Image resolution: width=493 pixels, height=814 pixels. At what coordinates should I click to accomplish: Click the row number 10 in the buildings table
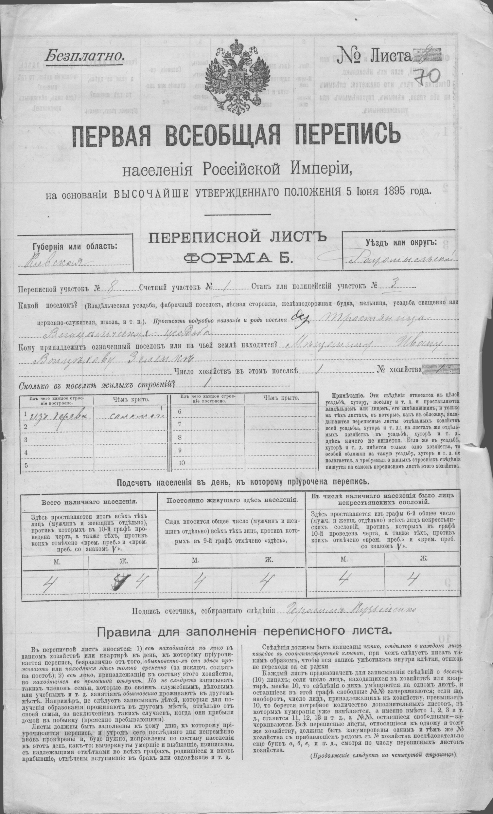(182, 463)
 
